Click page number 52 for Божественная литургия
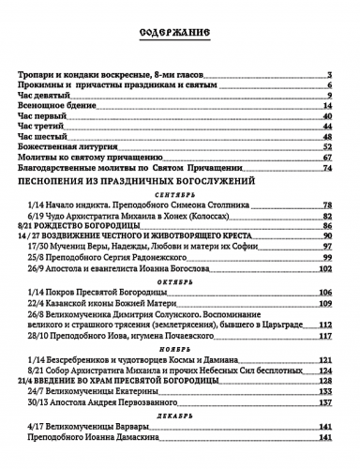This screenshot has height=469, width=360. click(x=329, y=147)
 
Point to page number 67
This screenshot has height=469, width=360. click(x=329, y=158)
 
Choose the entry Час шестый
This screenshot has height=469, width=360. click(x=42, y=137)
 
